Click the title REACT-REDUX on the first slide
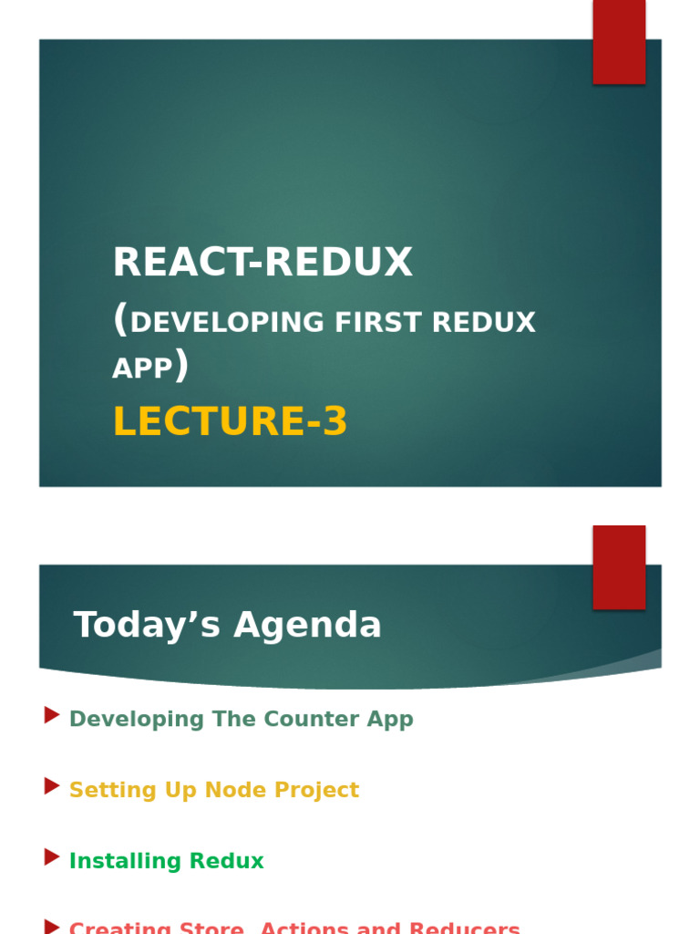262,263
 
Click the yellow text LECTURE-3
230,422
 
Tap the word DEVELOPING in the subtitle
228,323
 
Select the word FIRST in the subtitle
378,323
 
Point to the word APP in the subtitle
142,368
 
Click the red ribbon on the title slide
619,42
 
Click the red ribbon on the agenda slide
619,566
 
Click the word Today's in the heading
147,626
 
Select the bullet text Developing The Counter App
241,720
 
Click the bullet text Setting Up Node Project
213,791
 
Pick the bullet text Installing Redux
166,862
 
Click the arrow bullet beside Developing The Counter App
52,716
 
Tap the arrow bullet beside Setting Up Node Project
52,786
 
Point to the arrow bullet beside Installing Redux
52,857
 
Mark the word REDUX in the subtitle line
483,323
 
